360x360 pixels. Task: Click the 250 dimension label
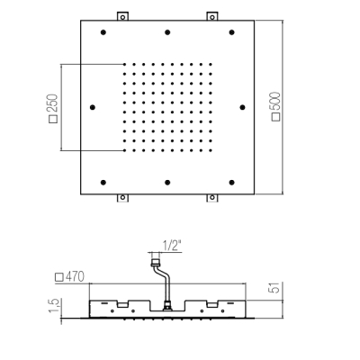click(53, 103)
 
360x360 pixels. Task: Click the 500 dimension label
click(275, 102)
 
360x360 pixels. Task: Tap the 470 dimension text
click(75, 277)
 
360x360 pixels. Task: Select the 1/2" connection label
click(172, 247)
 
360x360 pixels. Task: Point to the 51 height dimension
click(275, 288)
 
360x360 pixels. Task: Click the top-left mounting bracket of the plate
click(122, 16)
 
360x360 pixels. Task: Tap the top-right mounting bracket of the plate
click(212, 16)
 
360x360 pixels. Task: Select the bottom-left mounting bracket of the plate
click(122, 198)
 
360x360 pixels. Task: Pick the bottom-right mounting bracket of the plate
click(212, 198)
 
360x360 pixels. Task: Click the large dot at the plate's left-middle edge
click(93, 107)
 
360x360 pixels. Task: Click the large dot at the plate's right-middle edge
click(242, 107)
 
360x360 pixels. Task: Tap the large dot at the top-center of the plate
click(167, 32)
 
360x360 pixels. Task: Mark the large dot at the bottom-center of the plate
click(167, 182)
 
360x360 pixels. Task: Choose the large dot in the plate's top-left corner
click(103, 32)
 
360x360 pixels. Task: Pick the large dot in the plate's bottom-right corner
click(231, 182)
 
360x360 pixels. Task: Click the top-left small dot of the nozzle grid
click(124, 64)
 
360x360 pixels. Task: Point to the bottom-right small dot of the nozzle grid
click(211, 150)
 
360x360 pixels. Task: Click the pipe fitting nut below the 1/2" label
click(156, 263)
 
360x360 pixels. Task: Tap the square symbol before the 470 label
click(59, 277)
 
